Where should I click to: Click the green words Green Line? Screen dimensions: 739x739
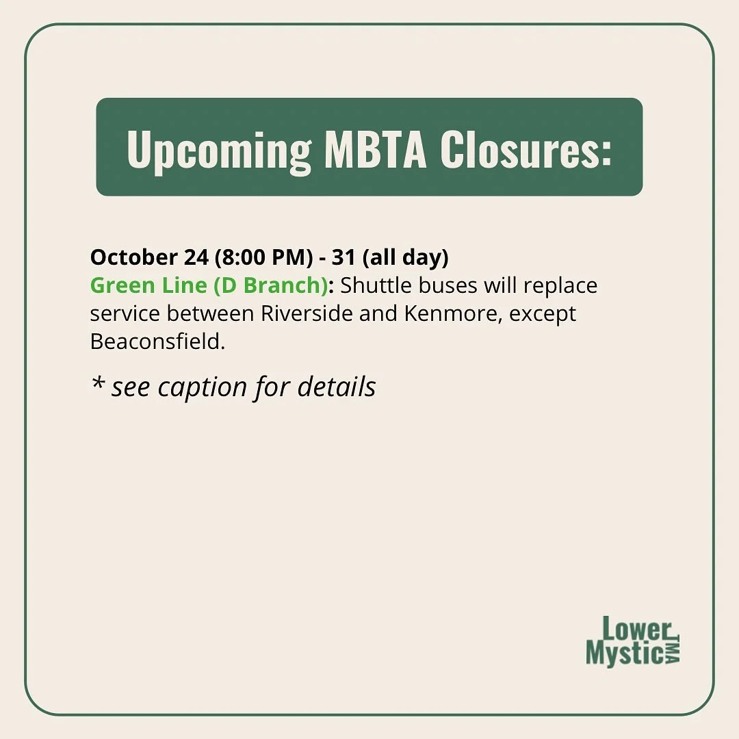pos(148,285)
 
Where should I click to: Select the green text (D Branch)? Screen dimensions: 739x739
pos(271,285)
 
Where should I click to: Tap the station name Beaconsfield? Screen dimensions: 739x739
pos(157,341)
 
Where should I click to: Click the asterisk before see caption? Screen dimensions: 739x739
pos(96,385)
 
